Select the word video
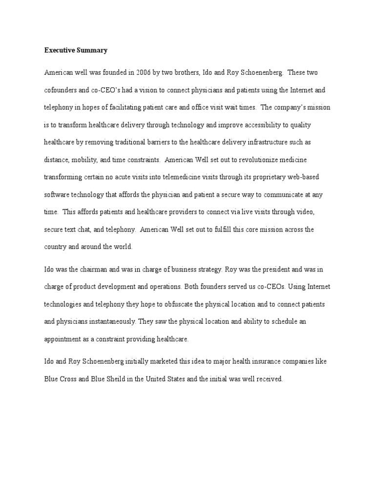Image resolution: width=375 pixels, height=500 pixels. coord(311,212)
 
